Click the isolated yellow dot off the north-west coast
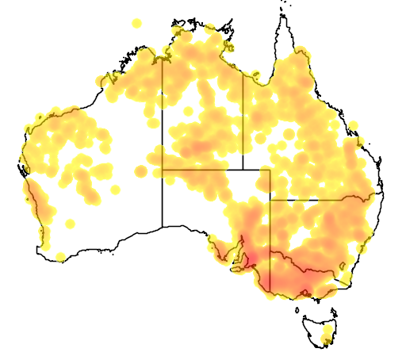[136, 23]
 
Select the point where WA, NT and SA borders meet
[163, 169]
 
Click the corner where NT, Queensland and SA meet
[243, 169]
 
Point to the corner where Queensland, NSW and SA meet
[270, 200]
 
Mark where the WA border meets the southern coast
[163, 228]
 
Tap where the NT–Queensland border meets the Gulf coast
[243, 74]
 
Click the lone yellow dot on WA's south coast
[60, 255]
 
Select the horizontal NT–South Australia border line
[202, 169]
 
